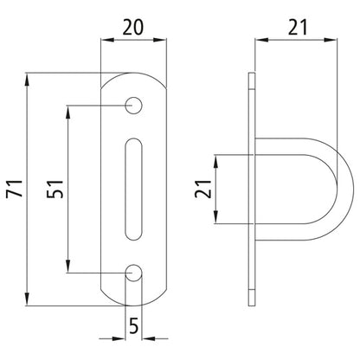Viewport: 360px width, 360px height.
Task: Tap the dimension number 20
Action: (x=133, y=27)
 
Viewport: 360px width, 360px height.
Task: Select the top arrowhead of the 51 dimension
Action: (x=66, y=110)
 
